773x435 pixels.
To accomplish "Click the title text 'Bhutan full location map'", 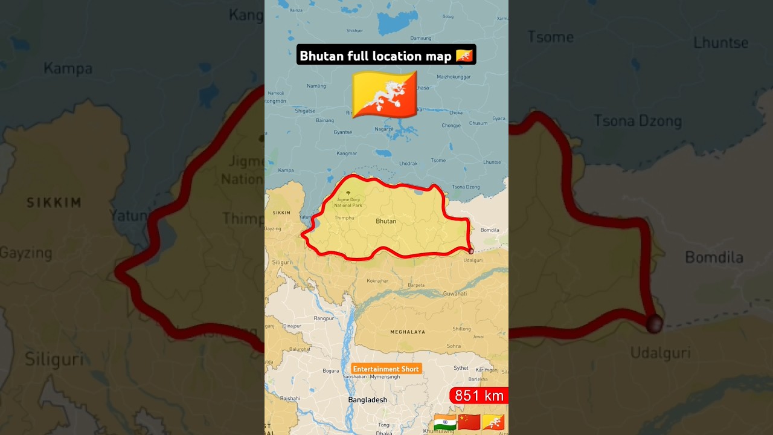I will click(x=376, y=56).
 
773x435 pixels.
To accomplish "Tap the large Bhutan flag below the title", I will click(x=385, y=94).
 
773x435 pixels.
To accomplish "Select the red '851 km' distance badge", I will click(x=479, y=396).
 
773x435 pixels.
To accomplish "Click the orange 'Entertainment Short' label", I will click(x=386, y=369).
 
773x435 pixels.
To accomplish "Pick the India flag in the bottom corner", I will click(x=444, y=422).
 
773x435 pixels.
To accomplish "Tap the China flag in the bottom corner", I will click(x=469, y=422).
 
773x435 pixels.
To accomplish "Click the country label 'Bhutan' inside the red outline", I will click(x=386, y=221).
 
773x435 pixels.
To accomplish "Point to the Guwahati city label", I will click(x=455, y=294).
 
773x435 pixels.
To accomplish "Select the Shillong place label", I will click(x=461, y=329).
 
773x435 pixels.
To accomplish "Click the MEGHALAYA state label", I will click(x=408, y=332).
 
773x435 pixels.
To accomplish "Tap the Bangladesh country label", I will click(x=367, y=400).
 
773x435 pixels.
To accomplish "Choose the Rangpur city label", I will click(x=324, y=318).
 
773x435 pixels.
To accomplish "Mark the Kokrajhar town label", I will click(x=377, y=281).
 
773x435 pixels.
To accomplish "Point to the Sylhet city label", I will click(x=461, y=368).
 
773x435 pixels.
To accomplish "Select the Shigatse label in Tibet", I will click(x=305, y=111).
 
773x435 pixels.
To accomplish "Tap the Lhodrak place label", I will click(x=408, y=164).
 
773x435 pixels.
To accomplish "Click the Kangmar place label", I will click(x=347, y=153).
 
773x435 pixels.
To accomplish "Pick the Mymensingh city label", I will click(x=385, y=377).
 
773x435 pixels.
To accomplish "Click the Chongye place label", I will click(x=451, y=126).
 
